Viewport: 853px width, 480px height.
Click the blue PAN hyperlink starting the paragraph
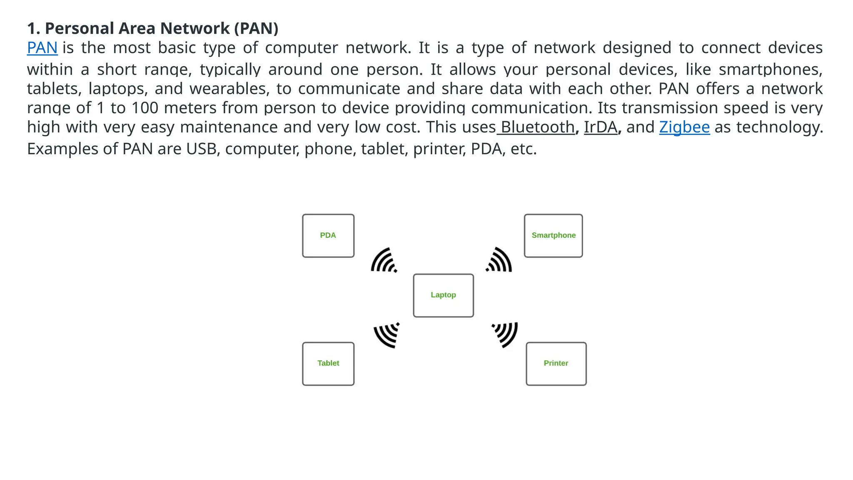pos(42,48)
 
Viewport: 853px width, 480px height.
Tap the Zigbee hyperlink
pos(684,127)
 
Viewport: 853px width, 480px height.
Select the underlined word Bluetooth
pos(537,127)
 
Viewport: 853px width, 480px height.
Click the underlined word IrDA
pos(600,127)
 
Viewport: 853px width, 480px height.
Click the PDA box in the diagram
pos(328,236)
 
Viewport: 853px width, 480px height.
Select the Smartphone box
pos(553,236)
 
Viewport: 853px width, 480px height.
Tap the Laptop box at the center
pos(443,295)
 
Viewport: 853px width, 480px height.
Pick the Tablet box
pos(328,364)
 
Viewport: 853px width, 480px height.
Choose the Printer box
pos(556,364)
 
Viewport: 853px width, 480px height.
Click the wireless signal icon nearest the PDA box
pos(384,260)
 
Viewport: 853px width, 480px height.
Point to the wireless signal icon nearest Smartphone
pos(499,260)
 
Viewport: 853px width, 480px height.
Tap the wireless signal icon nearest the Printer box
pos(505,334)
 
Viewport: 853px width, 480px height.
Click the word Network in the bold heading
pos(195,28)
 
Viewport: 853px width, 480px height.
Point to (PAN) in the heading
pos(256,28)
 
